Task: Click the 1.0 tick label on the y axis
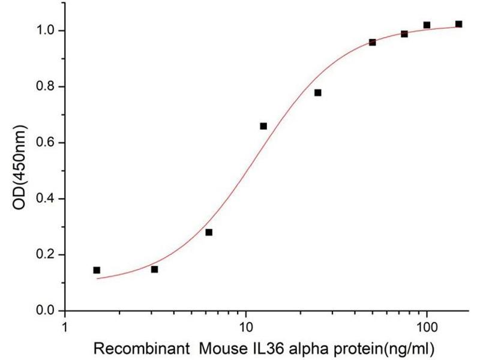(x=46, y=31)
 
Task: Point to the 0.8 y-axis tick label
(x=46, y=86)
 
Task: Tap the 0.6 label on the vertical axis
(x=46, y=143)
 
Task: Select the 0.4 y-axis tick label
(x=46, y=199)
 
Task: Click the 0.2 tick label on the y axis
(x=46, y=255)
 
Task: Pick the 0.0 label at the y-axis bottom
(x=46, y=311)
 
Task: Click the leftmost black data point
(x=97, y=270)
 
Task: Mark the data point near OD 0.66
(x=263, y=126)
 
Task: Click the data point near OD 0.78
(x=317, y=92)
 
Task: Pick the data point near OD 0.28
(x=209, y=232)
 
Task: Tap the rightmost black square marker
(x=458, y=24)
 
